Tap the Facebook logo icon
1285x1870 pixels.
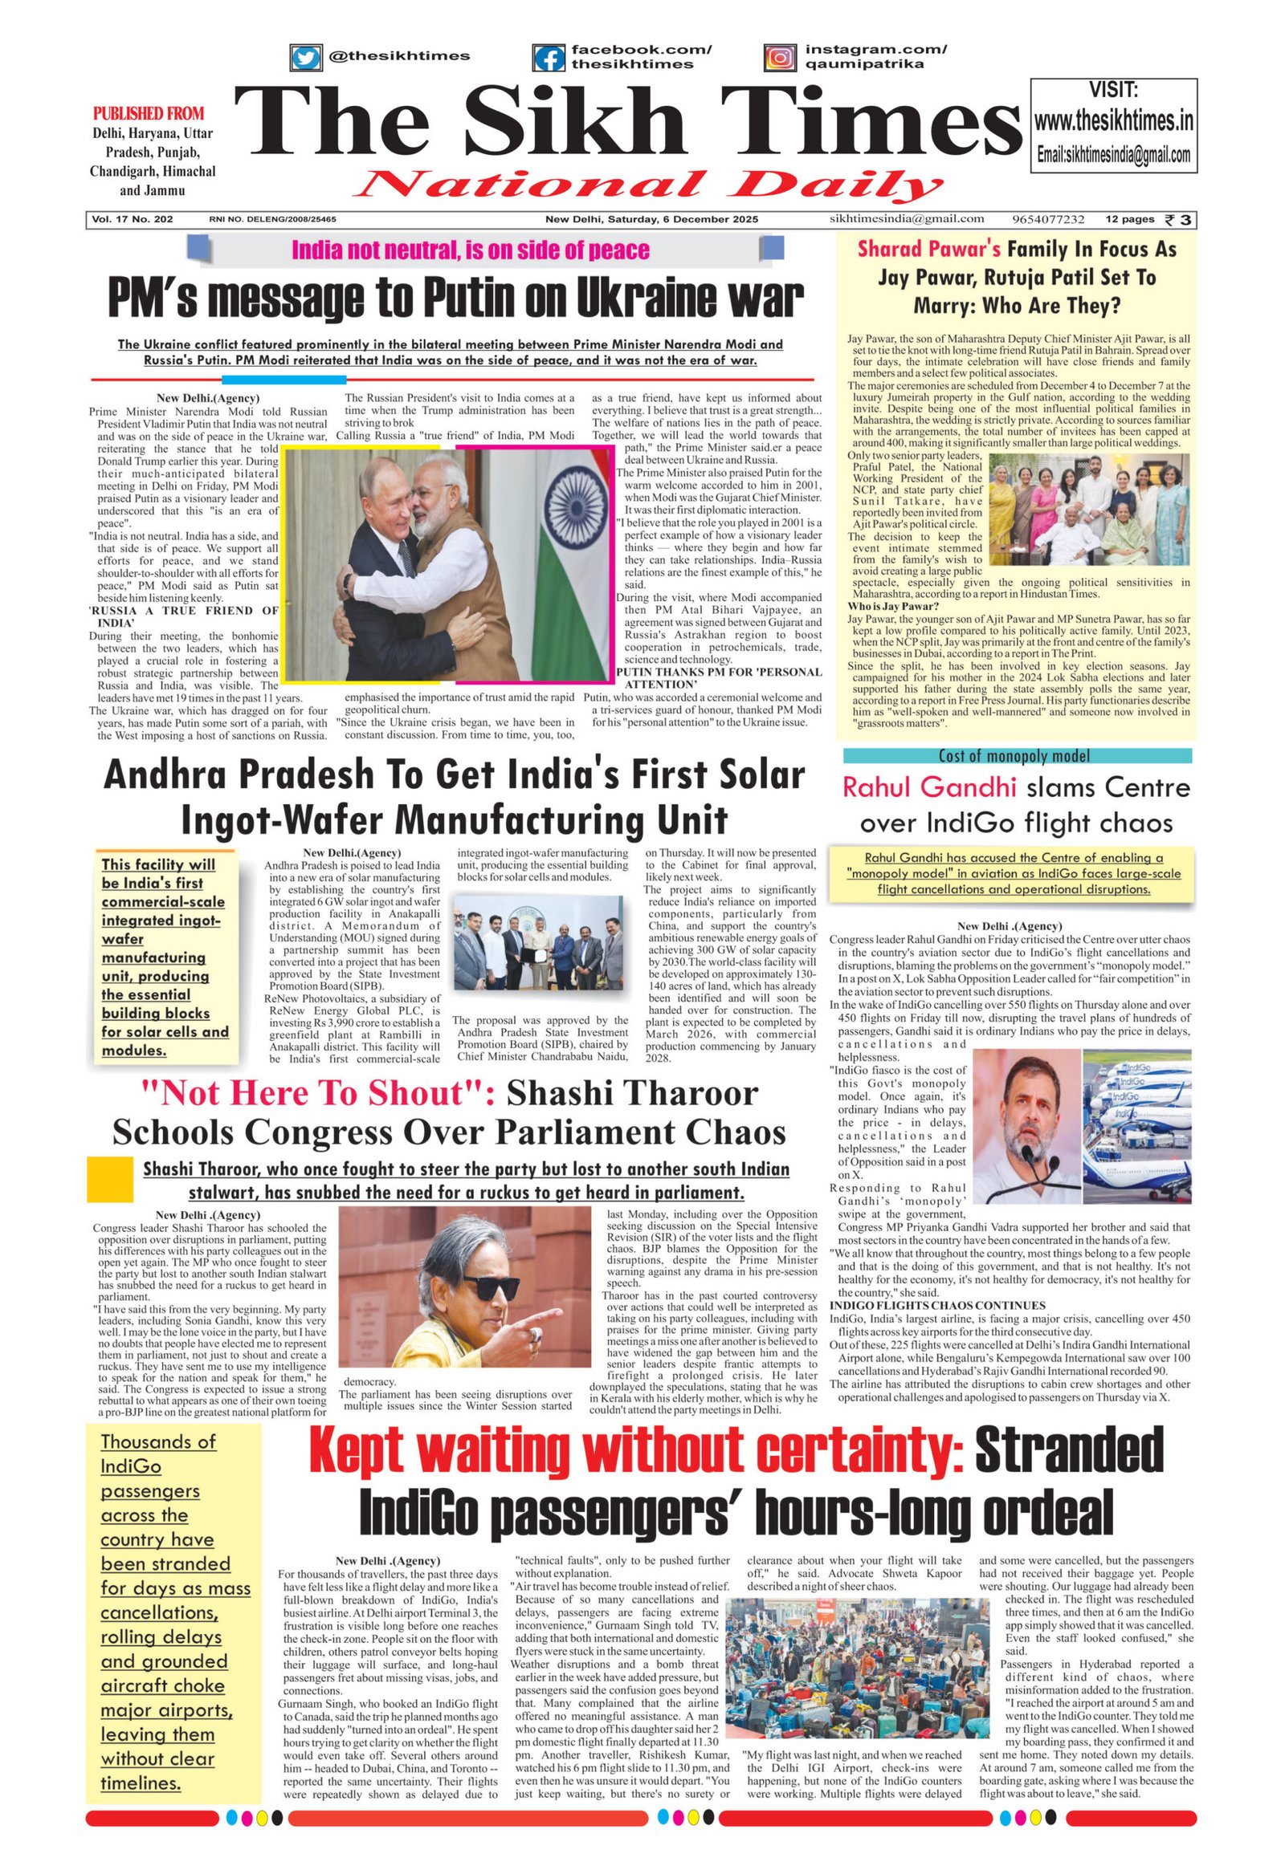(x=549, y=58)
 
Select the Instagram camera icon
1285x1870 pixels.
(x=780, y=57)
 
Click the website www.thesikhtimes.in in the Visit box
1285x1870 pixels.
(x=1113, y=121)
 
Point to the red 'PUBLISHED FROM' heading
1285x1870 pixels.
(x=149, y=113)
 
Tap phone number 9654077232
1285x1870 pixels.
(x=1048, y=219)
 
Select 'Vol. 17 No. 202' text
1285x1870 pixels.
(x=132, y=219)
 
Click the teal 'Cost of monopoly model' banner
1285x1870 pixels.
(x=1017, y=755)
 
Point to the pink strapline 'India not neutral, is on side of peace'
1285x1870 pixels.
(x=470, y=250)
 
